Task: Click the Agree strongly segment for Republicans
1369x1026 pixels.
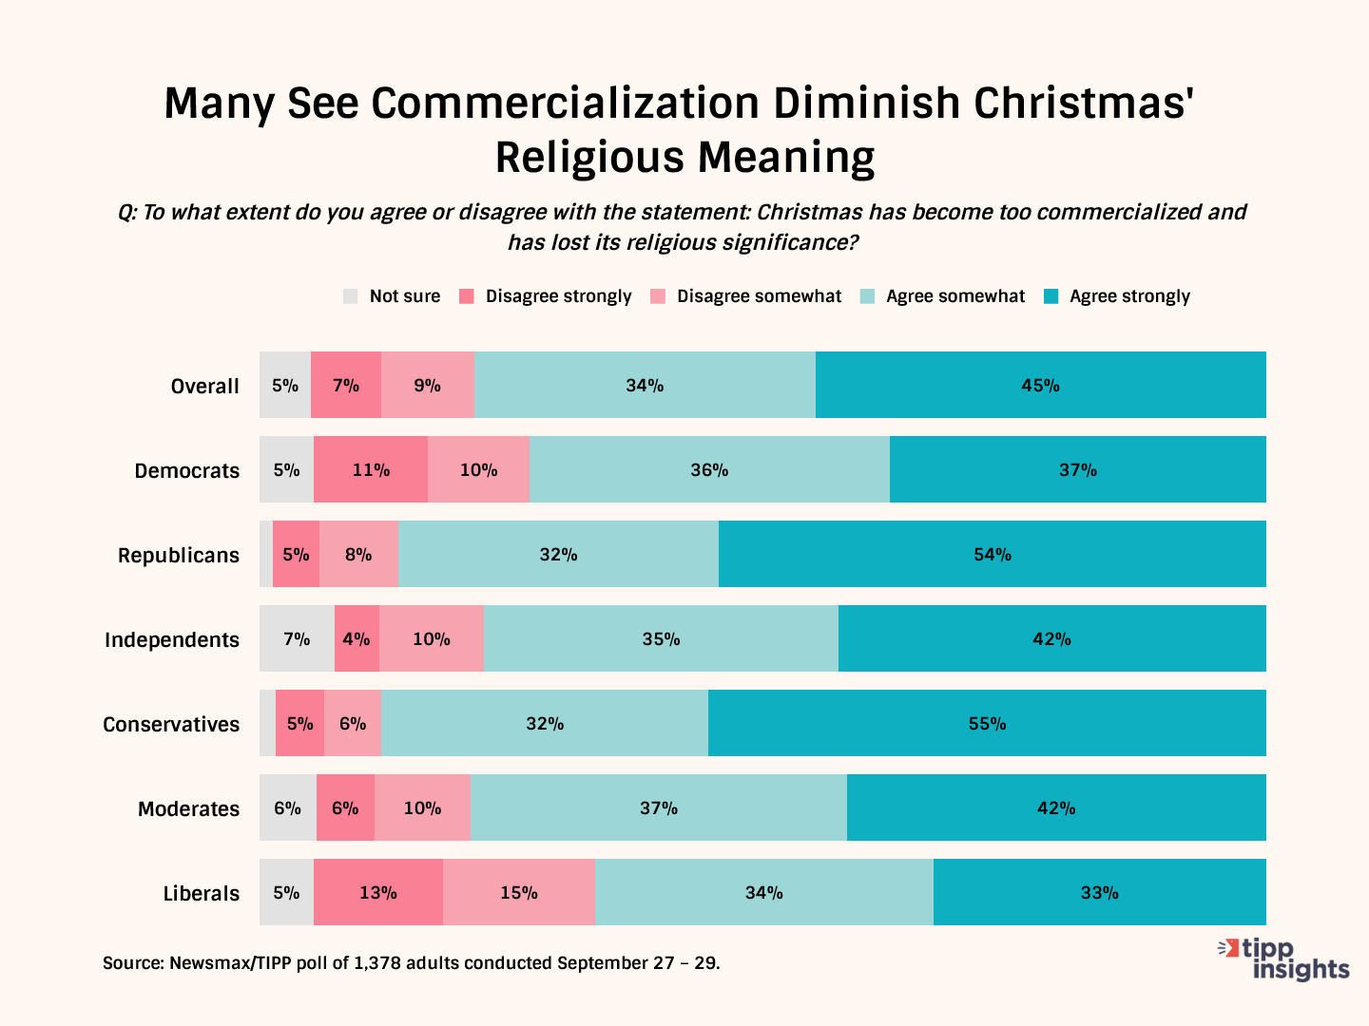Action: pyautogui.click(x=992, y=554)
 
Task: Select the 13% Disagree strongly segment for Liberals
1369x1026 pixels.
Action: pyautogui.click(x=378, y=892)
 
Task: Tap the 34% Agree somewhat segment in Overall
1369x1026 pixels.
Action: pyautogui.click(x=645, y=385)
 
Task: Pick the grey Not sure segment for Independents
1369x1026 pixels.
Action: pyautogui.click(x=297, y=638)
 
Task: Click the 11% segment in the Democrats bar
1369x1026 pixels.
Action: pyautogui.click(x=371, y=469)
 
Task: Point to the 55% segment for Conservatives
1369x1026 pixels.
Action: pyautogui.click(x=987, y=723)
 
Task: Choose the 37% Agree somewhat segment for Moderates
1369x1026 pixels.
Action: pyautogui.click(x=658, y=807)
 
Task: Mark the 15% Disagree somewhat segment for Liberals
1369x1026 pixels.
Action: pyautogui.click(x=518, y=892)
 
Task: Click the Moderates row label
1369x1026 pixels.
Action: pyautogui.click(x=188, y=808)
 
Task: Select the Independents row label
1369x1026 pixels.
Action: pyautogui.click(x=172, y=639)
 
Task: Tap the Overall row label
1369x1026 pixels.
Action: pyautogui.click(x=204, y=386)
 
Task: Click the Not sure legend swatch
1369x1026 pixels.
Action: pyautogui.click(x=351, y=296)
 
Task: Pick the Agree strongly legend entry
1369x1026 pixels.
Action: pyautogui.click(x=1128, y=296)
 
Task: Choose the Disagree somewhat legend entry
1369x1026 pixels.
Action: pyautogui.click(x=758, y=296)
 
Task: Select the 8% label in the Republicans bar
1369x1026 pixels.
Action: pyautogui.click(x=358, y=554)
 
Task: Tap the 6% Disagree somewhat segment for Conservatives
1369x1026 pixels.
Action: pyautogui.click(x=353, y=723)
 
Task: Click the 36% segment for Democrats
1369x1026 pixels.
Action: pyautogui.click(x=709, y=469)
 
